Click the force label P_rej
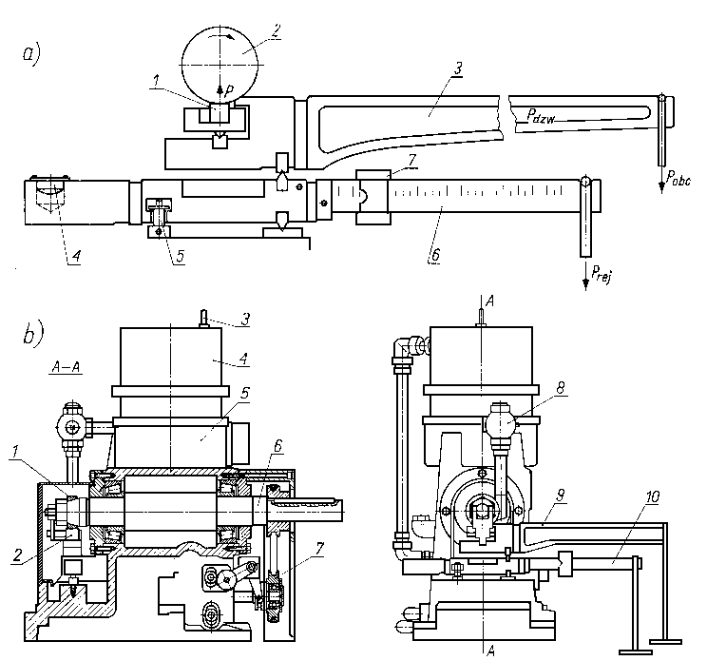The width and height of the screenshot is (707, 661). (x=602, y=273)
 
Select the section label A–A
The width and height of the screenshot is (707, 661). (x=66, y=367)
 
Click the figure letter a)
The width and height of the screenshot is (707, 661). (x=31, y=54)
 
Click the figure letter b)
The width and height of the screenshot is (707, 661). (x=33, y=333)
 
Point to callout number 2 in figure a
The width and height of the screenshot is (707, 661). (x=275, y=30)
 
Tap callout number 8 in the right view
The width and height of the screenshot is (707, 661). (x=561, y=388)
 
